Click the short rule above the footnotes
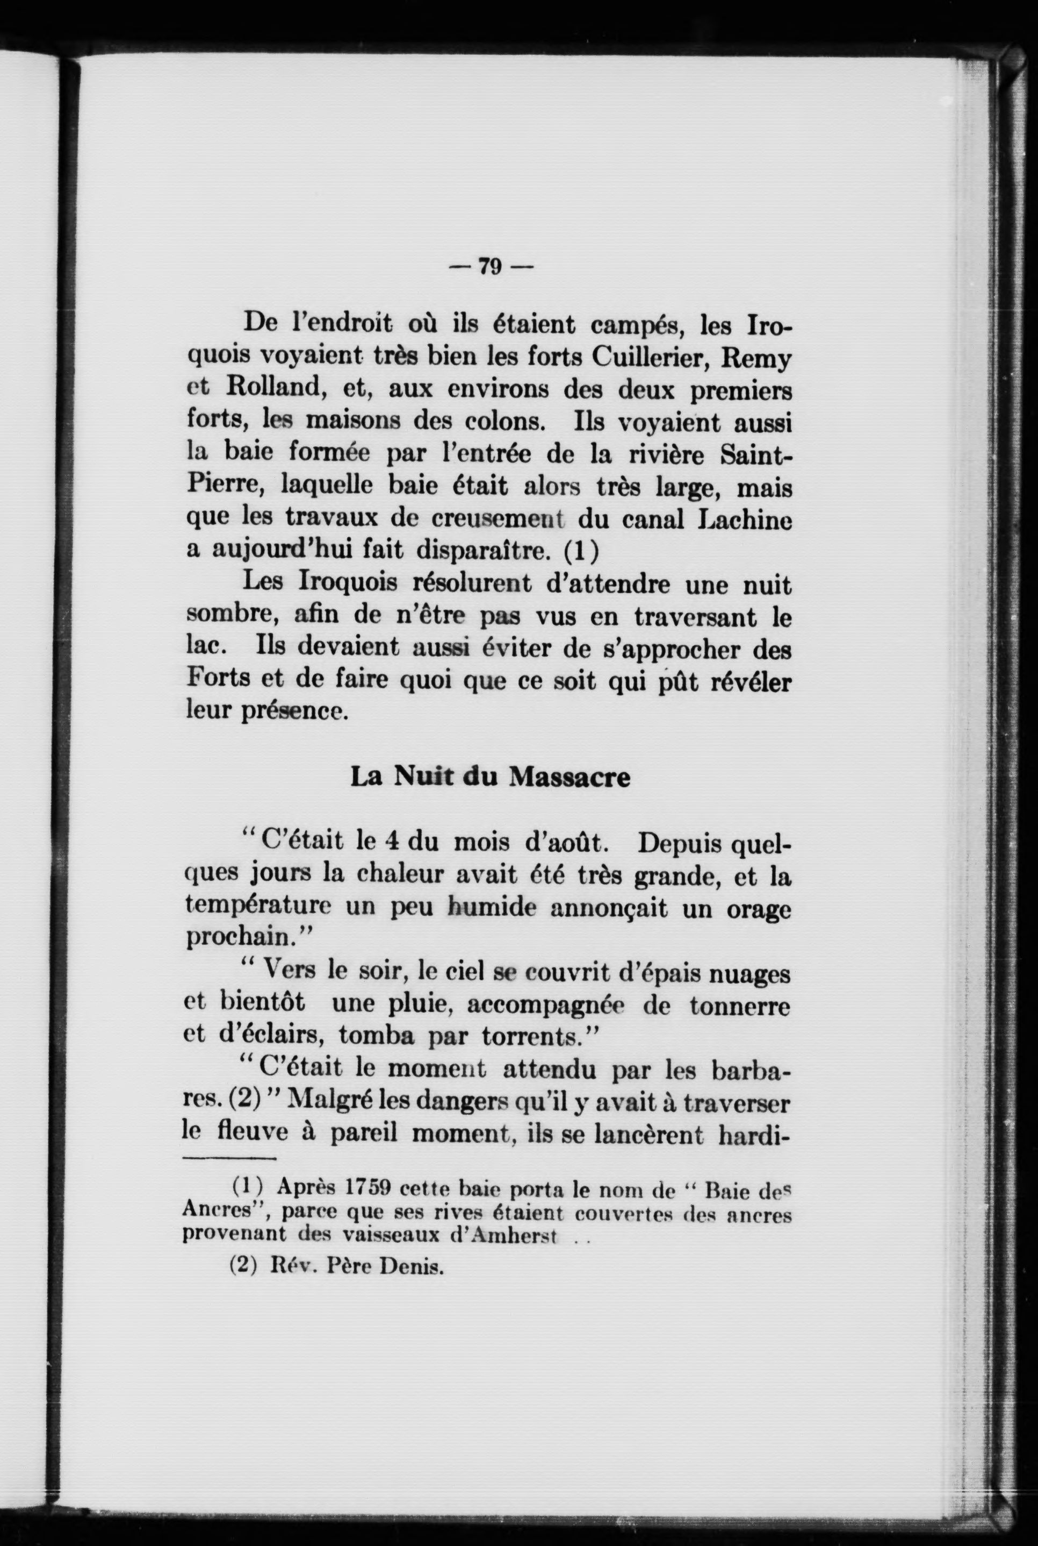coord(229,1159)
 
